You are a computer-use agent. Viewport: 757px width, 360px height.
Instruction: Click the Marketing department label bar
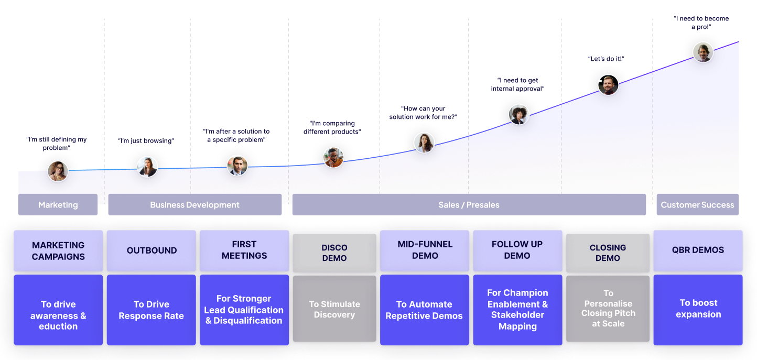point(58,205)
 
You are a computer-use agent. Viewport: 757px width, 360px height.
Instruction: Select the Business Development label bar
point(194,205)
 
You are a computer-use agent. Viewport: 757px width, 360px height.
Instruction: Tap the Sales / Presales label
point(469,205)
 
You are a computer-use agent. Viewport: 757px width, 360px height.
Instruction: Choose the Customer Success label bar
point(697,205)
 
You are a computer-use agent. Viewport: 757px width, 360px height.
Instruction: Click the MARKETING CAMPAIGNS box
point(58,250)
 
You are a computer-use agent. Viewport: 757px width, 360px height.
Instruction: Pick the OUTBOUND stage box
point(152,250)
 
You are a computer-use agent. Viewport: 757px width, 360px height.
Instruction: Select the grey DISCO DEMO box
point(334,253)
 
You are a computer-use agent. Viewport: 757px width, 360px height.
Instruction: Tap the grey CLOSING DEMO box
point(608,253)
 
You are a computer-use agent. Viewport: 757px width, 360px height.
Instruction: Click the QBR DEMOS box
point(698,250)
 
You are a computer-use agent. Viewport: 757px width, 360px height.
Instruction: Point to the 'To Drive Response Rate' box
point(152,310)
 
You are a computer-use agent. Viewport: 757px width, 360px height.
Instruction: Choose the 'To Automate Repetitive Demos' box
point(424,310)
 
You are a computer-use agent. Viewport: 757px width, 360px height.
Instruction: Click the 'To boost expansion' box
point(698,309)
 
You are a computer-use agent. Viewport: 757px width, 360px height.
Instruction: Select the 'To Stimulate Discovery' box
point(334,309)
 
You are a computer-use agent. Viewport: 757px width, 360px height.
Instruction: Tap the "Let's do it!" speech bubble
point(608,59)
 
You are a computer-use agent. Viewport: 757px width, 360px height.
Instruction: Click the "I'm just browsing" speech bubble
point(146,140)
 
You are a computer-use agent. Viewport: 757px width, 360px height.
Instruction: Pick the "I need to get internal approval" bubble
point(518,84)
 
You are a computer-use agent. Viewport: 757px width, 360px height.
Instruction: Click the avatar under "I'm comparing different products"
point(333,157)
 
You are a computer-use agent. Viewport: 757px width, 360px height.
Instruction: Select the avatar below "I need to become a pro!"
point(703,52)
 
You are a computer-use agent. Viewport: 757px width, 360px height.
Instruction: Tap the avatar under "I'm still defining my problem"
point(58,171)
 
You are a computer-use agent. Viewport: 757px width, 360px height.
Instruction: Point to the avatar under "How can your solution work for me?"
point(424,143)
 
